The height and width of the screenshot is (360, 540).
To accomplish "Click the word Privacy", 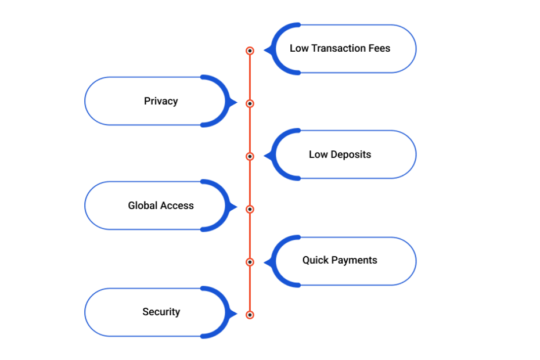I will (161, 101).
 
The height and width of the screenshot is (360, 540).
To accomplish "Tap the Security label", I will (161, 312).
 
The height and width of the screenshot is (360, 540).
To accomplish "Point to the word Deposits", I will (351, 154).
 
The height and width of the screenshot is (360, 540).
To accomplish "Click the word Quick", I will (315, 260).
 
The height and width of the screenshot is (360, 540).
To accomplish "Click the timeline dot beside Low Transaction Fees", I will (250, 51).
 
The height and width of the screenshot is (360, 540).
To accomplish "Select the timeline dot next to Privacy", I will (250, 103).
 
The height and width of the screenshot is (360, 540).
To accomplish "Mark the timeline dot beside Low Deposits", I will (250, 156).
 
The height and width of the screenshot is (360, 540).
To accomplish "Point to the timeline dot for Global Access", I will (250, 209).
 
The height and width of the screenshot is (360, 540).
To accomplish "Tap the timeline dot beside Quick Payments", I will (250, 262).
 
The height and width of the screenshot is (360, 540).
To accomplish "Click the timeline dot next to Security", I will (250, 315).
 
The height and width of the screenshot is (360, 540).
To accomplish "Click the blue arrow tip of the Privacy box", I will (234, 103).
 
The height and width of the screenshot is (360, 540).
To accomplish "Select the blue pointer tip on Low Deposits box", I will (267, 156).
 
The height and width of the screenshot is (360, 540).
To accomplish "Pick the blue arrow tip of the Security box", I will (234, 314).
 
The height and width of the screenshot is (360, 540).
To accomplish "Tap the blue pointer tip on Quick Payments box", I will (267, 262).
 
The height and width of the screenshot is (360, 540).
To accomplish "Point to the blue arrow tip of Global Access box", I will (234, 207).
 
